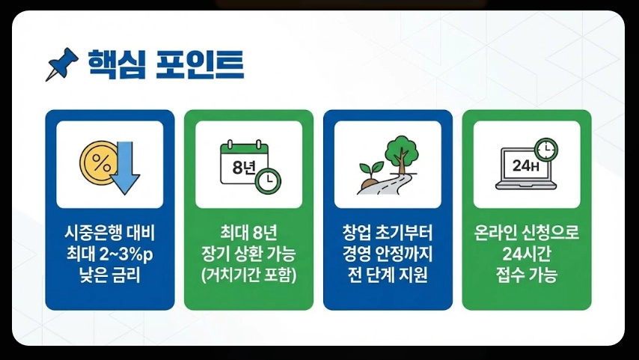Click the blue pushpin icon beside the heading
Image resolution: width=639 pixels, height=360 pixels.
click(x=62, y=64)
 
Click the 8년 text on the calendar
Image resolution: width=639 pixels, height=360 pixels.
click(x=244, y=166)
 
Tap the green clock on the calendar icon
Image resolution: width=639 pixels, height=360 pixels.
click(x=268, y=180)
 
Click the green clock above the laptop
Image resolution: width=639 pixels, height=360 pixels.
click(x=547, y=148)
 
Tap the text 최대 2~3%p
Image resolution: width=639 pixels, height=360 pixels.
click(x=109, y=252)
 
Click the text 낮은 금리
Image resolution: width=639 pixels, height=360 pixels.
click(x=109, y=275)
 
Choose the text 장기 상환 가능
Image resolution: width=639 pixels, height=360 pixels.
click(x=248, y=252)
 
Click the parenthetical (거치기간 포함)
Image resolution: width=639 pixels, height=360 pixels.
click(x=248, y=275)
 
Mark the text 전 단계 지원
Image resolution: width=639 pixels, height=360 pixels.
click(x=388, y=275)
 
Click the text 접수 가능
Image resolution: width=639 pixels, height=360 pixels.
click(x=527, y=275)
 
